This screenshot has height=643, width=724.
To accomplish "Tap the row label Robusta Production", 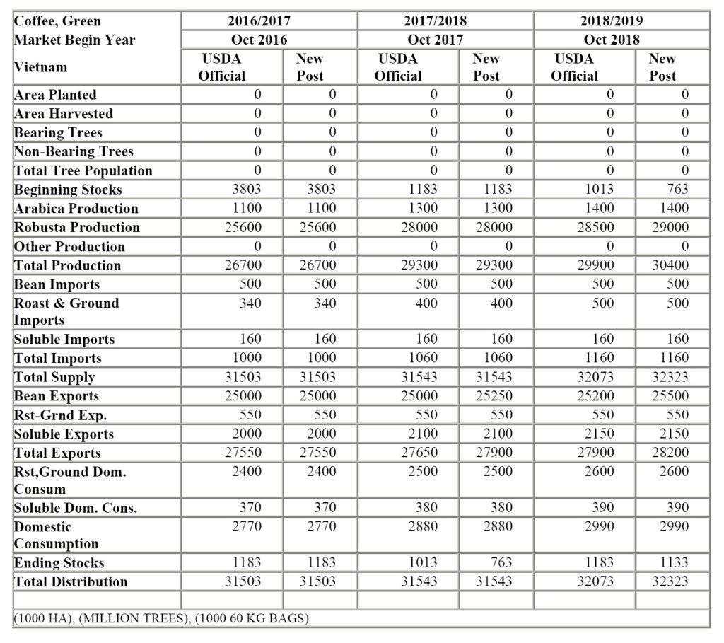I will [x=77, y=227].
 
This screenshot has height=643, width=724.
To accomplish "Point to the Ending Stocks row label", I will [x=59, y=563].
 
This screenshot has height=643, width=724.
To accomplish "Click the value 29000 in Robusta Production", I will [x=669, y=227].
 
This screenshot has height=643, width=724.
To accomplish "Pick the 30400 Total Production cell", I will [x=669, y=265].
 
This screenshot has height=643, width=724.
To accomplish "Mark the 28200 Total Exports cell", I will [x=669, y=453].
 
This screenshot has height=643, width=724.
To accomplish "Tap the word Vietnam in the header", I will [x=41, y=67].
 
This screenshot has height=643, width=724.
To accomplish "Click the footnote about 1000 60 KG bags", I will [x=161, y=618].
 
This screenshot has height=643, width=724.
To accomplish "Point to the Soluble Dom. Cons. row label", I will [x=76, y=508].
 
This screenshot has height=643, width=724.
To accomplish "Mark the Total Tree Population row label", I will [x=83, y=170].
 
